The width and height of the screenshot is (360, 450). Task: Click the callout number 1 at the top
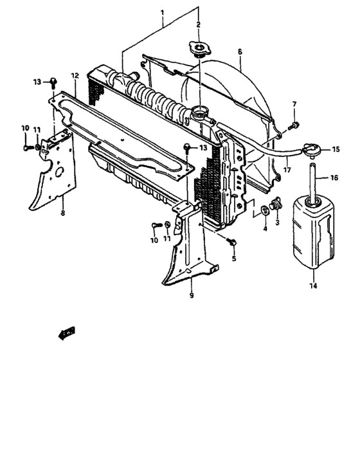161,12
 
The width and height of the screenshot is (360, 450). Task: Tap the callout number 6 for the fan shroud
239,51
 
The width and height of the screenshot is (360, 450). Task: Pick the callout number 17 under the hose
287,170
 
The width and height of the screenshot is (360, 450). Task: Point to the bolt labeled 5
231,242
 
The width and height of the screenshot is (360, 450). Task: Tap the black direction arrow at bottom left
66,333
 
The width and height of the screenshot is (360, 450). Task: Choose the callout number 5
234,258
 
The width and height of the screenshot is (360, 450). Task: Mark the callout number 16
334,177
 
